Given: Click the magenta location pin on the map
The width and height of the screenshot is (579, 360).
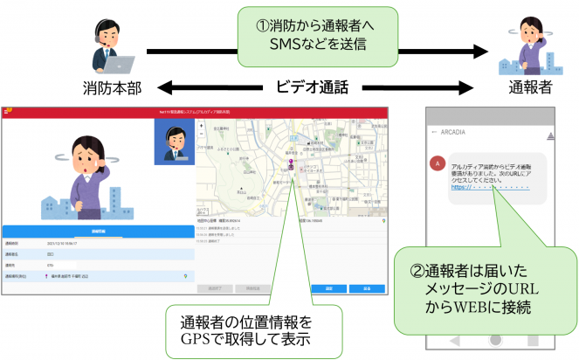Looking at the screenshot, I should (293, 164).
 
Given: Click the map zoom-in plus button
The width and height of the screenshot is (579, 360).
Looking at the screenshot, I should (203, 127).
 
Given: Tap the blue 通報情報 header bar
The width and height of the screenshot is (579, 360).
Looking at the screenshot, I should (98, 232).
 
